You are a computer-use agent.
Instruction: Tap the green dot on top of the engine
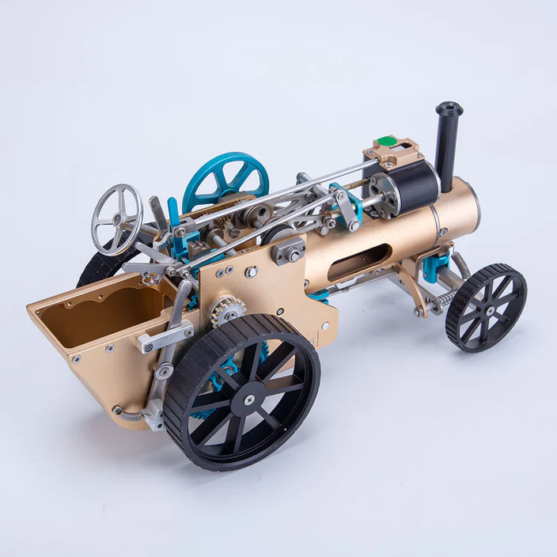tap(385, 142)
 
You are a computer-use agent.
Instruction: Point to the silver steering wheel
tap(117, 219)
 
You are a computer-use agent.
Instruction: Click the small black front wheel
tap(486, 307)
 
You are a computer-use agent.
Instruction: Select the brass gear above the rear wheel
tap(227, 309)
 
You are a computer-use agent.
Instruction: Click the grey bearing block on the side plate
tap(290, 252)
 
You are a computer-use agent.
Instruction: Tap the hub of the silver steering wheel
tap(118, 218)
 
